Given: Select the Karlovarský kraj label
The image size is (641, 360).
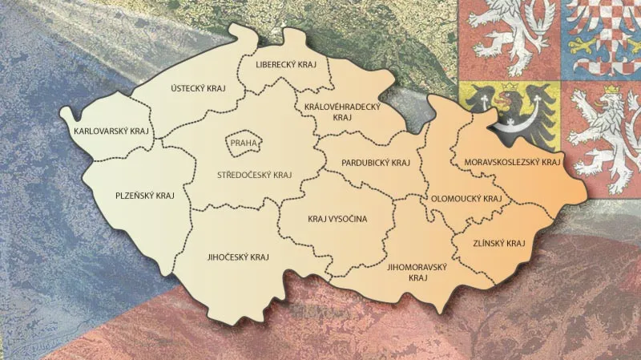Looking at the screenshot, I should [x=111, y=130].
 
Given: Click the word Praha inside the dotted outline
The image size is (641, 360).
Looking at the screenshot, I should [x=241, y=144].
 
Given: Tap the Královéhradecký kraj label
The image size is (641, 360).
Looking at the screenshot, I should [x=342, y=111].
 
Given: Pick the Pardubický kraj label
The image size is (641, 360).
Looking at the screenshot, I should [x=375, y=162].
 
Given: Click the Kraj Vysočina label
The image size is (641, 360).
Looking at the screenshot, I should [x=337, y=218].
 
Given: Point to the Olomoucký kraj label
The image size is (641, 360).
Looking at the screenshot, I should [x=466, y=197].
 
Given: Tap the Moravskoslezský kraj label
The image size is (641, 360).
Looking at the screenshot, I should [x=511, y=163].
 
